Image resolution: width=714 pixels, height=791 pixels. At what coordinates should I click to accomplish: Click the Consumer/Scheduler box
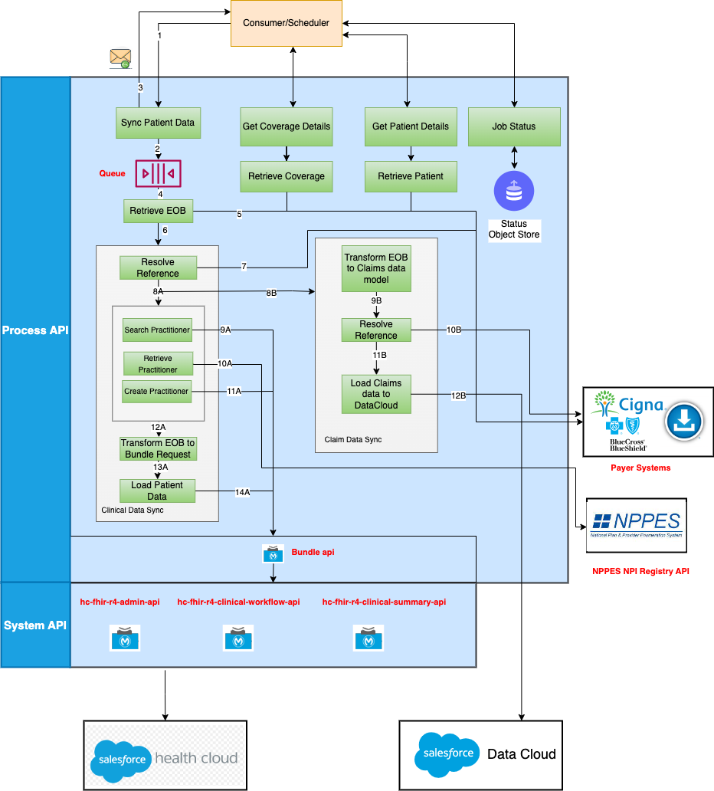[x=287, y=23]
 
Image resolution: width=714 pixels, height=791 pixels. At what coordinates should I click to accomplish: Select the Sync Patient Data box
[x=158, y=123]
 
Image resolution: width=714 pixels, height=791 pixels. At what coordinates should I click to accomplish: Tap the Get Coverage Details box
[x=287, y=126]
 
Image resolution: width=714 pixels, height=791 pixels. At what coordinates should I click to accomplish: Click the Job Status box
[x=514, y=126]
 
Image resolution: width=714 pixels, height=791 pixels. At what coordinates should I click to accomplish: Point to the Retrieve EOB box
[x=158, y=211]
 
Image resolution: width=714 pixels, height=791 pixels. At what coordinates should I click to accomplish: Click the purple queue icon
[x=158, y=173]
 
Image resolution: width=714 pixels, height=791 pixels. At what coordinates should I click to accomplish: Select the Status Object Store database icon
[x=514, y=191]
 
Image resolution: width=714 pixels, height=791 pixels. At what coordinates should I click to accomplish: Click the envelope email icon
[x=120, y=58]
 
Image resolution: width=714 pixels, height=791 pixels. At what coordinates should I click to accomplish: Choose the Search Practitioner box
[x=157, y=330]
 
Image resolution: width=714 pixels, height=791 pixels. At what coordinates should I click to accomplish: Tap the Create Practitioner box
[x=156, y=391]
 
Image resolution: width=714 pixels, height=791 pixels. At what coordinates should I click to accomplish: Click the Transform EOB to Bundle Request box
[x=158, y=448]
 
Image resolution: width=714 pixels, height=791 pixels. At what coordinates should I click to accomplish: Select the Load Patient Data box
[x=157, y=491]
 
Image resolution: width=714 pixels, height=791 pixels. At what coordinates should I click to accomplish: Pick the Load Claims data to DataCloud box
[x=376, y=394]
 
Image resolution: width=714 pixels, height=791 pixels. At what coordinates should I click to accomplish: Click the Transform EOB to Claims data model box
[x=376, y=269]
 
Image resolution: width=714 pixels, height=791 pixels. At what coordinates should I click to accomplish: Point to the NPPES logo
[x=636, y=524]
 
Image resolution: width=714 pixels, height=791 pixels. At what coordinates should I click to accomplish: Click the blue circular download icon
[x=683, y=421]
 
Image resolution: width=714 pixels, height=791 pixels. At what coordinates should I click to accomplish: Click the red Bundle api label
[x=313, y=552]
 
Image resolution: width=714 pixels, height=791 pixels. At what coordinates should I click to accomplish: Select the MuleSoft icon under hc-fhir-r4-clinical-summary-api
[x=368, y=638]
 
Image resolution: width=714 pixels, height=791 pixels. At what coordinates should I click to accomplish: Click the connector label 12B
[x=458, y=395]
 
